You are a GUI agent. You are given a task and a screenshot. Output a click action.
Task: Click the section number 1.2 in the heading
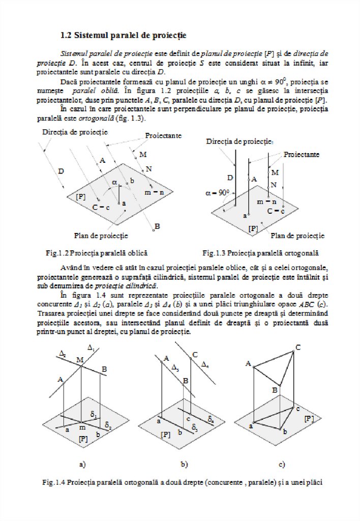point(66,36)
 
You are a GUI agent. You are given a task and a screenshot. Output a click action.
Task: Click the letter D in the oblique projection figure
point(61,171)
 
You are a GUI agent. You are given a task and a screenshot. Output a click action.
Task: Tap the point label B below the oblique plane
point(158,225)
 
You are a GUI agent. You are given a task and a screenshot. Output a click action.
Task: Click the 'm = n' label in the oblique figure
point(154,192)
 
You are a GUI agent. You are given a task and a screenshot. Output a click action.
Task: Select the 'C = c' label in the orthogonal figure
point(275,210)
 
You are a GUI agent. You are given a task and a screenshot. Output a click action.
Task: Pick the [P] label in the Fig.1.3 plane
point(253,229)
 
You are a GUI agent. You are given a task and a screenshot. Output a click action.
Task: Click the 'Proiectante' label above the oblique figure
point(163,136)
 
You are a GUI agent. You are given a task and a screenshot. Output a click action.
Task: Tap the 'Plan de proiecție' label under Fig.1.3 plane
point(297,236)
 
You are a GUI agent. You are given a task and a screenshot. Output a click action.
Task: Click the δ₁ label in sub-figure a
point(95,415)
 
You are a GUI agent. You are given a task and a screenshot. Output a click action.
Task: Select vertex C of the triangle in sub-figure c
point(298,347)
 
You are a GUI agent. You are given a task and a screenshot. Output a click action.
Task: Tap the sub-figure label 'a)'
point(82,464)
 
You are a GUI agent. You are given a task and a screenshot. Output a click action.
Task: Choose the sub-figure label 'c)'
point(281,464)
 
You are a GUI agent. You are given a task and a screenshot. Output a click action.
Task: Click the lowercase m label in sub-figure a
point(81,427)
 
